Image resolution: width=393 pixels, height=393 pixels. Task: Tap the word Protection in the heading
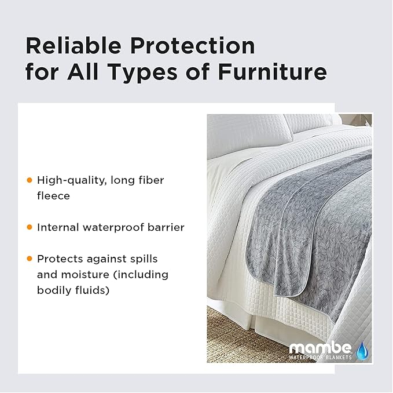[194, 46]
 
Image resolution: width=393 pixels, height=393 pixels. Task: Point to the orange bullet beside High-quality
[30, 180]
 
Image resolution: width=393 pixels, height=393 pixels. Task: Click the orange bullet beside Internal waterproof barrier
[30, 227]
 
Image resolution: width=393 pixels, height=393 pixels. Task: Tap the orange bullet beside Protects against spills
[30, 259]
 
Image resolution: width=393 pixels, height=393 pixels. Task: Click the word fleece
[53, 196]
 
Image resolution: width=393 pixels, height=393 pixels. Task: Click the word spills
[143, 259]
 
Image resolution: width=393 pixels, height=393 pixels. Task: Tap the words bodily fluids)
[73, 290]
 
